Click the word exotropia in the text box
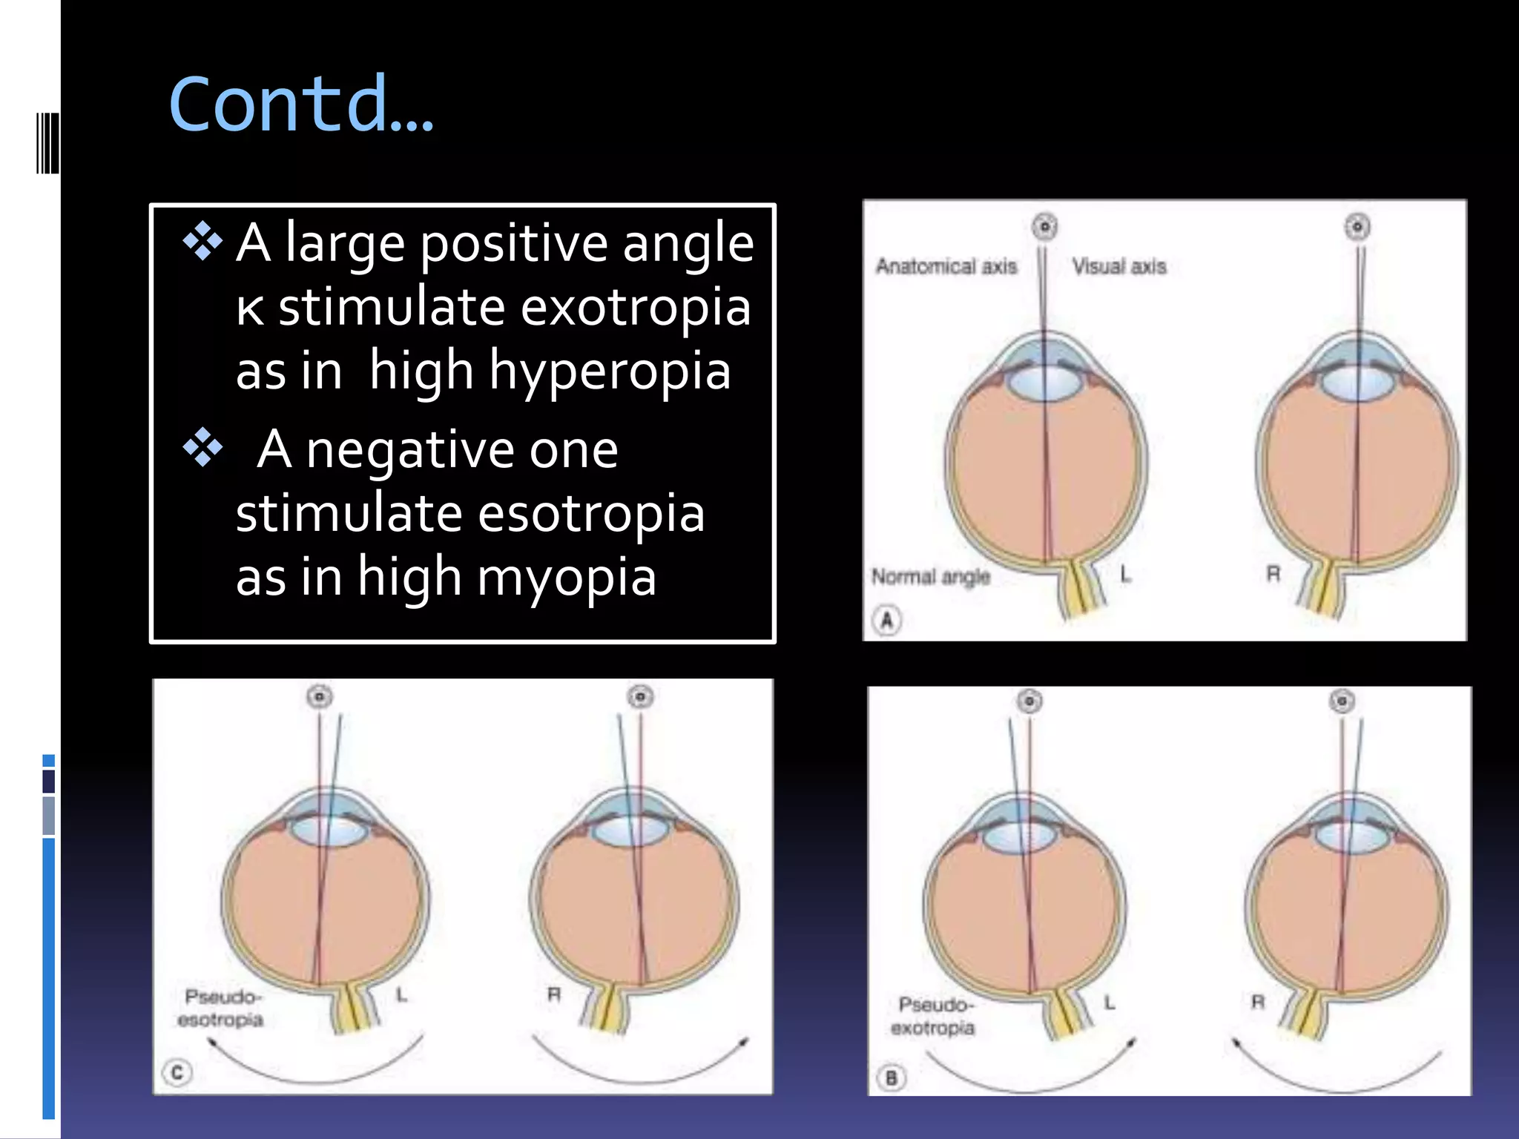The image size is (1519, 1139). click(x=636, y=308)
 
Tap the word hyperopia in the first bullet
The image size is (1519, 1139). click(x=610, y=372)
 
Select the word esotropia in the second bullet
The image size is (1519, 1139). click(x=591, y=514)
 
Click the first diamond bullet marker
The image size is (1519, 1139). click(x=202, y=242)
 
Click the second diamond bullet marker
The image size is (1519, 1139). click(x=202, y=449)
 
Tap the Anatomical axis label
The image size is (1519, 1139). click(x=946, y=266)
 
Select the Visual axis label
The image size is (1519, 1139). click(x=1119, y=266)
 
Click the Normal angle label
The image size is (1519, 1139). click(x=930, y=576)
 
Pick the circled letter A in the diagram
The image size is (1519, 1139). click(x=887, y=619)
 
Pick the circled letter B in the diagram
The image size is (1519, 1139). click(x=892, y=1077)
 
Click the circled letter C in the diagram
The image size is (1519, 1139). click(x=177, y=1072)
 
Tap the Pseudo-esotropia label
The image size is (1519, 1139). click(x=221, y=1008)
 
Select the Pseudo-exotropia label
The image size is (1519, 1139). click(x=933, y=1017)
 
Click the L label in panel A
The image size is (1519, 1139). click(x=1125, y=574)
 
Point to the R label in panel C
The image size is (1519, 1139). click(x=554, y=994)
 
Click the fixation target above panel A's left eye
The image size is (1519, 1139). click(x=1045, y=226)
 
